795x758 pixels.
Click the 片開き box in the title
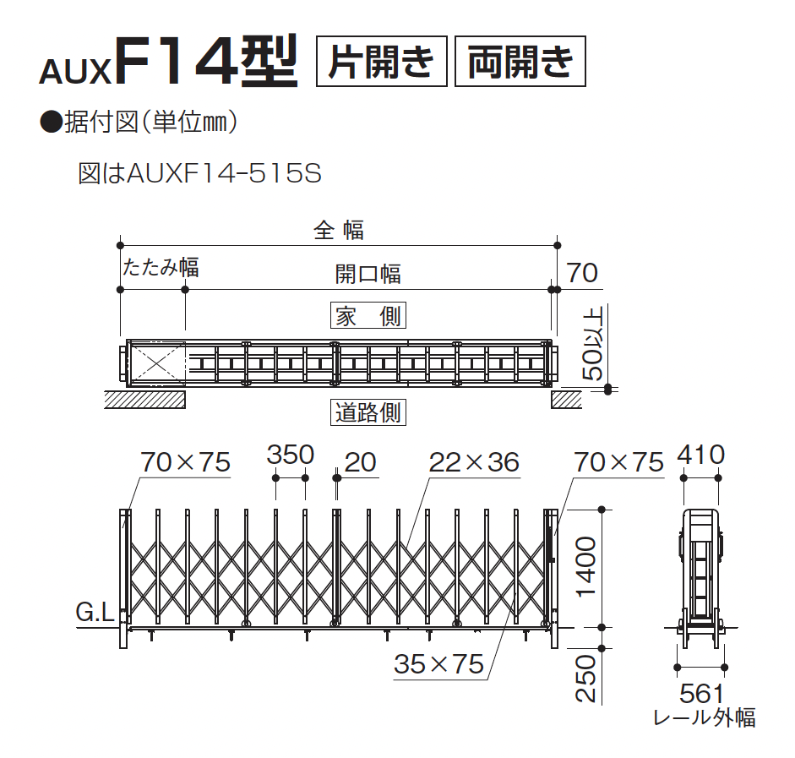381,61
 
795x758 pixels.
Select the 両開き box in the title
520,61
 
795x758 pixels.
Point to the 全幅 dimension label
338,229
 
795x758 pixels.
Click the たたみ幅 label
161,268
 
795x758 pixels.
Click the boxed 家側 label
368,317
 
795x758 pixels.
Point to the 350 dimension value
290,455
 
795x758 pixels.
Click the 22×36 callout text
473,462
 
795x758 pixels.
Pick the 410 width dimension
700,455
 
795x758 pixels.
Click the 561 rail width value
701,694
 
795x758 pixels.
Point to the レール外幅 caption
705,718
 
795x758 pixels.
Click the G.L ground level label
95,613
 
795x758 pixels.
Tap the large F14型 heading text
208,60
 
